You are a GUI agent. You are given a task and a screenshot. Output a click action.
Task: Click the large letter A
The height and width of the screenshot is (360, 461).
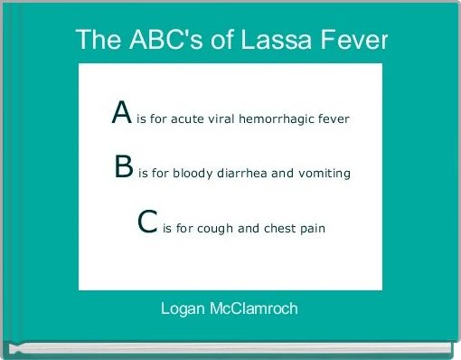[123, 113]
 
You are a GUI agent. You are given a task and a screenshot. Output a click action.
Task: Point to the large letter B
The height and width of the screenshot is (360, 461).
[125, 167]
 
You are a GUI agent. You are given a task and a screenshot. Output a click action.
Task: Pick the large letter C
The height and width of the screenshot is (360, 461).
[149, 223]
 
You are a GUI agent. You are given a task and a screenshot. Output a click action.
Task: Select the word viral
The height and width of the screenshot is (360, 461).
[220, 118]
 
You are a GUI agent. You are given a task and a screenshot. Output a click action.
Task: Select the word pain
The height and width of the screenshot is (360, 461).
[313, 228]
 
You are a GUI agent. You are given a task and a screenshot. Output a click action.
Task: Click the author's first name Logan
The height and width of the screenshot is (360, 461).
[183, 309]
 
